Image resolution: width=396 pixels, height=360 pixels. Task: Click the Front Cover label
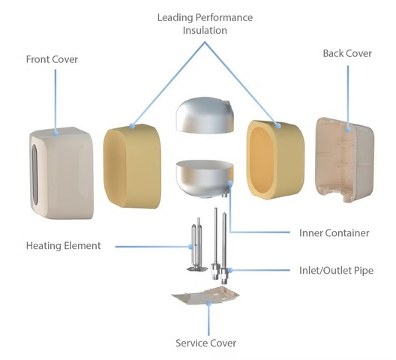[x=52, y=59]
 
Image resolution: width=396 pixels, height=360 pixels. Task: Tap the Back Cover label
[x=347, y=53]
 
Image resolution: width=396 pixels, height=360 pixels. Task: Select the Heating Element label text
[x=64, y=246]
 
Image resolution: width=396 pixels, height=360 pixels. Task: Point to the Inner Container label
[x=334, y=233]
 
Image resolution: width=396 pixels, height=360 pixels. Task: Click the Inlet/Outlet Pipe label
[x=336, y=270]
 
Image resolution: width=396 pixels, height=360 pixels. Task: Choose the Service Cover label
[x=205, y=343]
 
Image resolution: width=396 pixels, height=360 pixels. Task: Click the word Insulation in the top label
[x=205, y=30]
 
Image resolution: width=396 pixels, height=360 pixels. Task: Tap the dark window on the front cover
[x=34, y=174]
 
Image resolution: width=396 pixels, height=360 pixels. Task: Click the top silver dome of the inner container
[x=205, y=115]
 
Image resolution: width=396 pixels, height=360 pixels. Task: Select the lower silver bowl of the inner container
[x=205, y=178]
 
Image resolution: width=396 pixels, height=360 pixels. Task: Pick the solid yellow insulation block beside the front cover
[x=132, y=166]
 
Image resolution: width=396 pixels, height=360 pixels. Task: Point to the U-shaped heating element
[x=195, y=242]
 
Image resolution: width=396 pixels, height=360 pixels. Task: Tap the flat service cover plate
[x=205, y=295]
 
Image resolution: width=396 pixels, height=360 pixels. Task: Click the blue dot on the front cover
[x=55, y=133]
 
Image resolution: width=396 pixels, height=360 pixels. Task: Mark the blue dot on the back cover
[x=348, y=129]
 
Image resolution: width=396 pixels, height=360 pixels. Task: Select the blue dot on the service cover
[x=208, y=303]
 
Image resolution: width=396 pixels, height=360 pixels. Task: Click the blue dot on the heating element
[x=191, y=246]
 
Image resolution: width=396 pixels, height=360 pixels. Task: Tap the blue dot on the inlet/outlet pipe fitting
[x=229, y=270]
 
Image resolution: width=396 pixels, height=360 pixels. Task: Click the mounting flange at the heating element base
[x=197, y=269]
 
